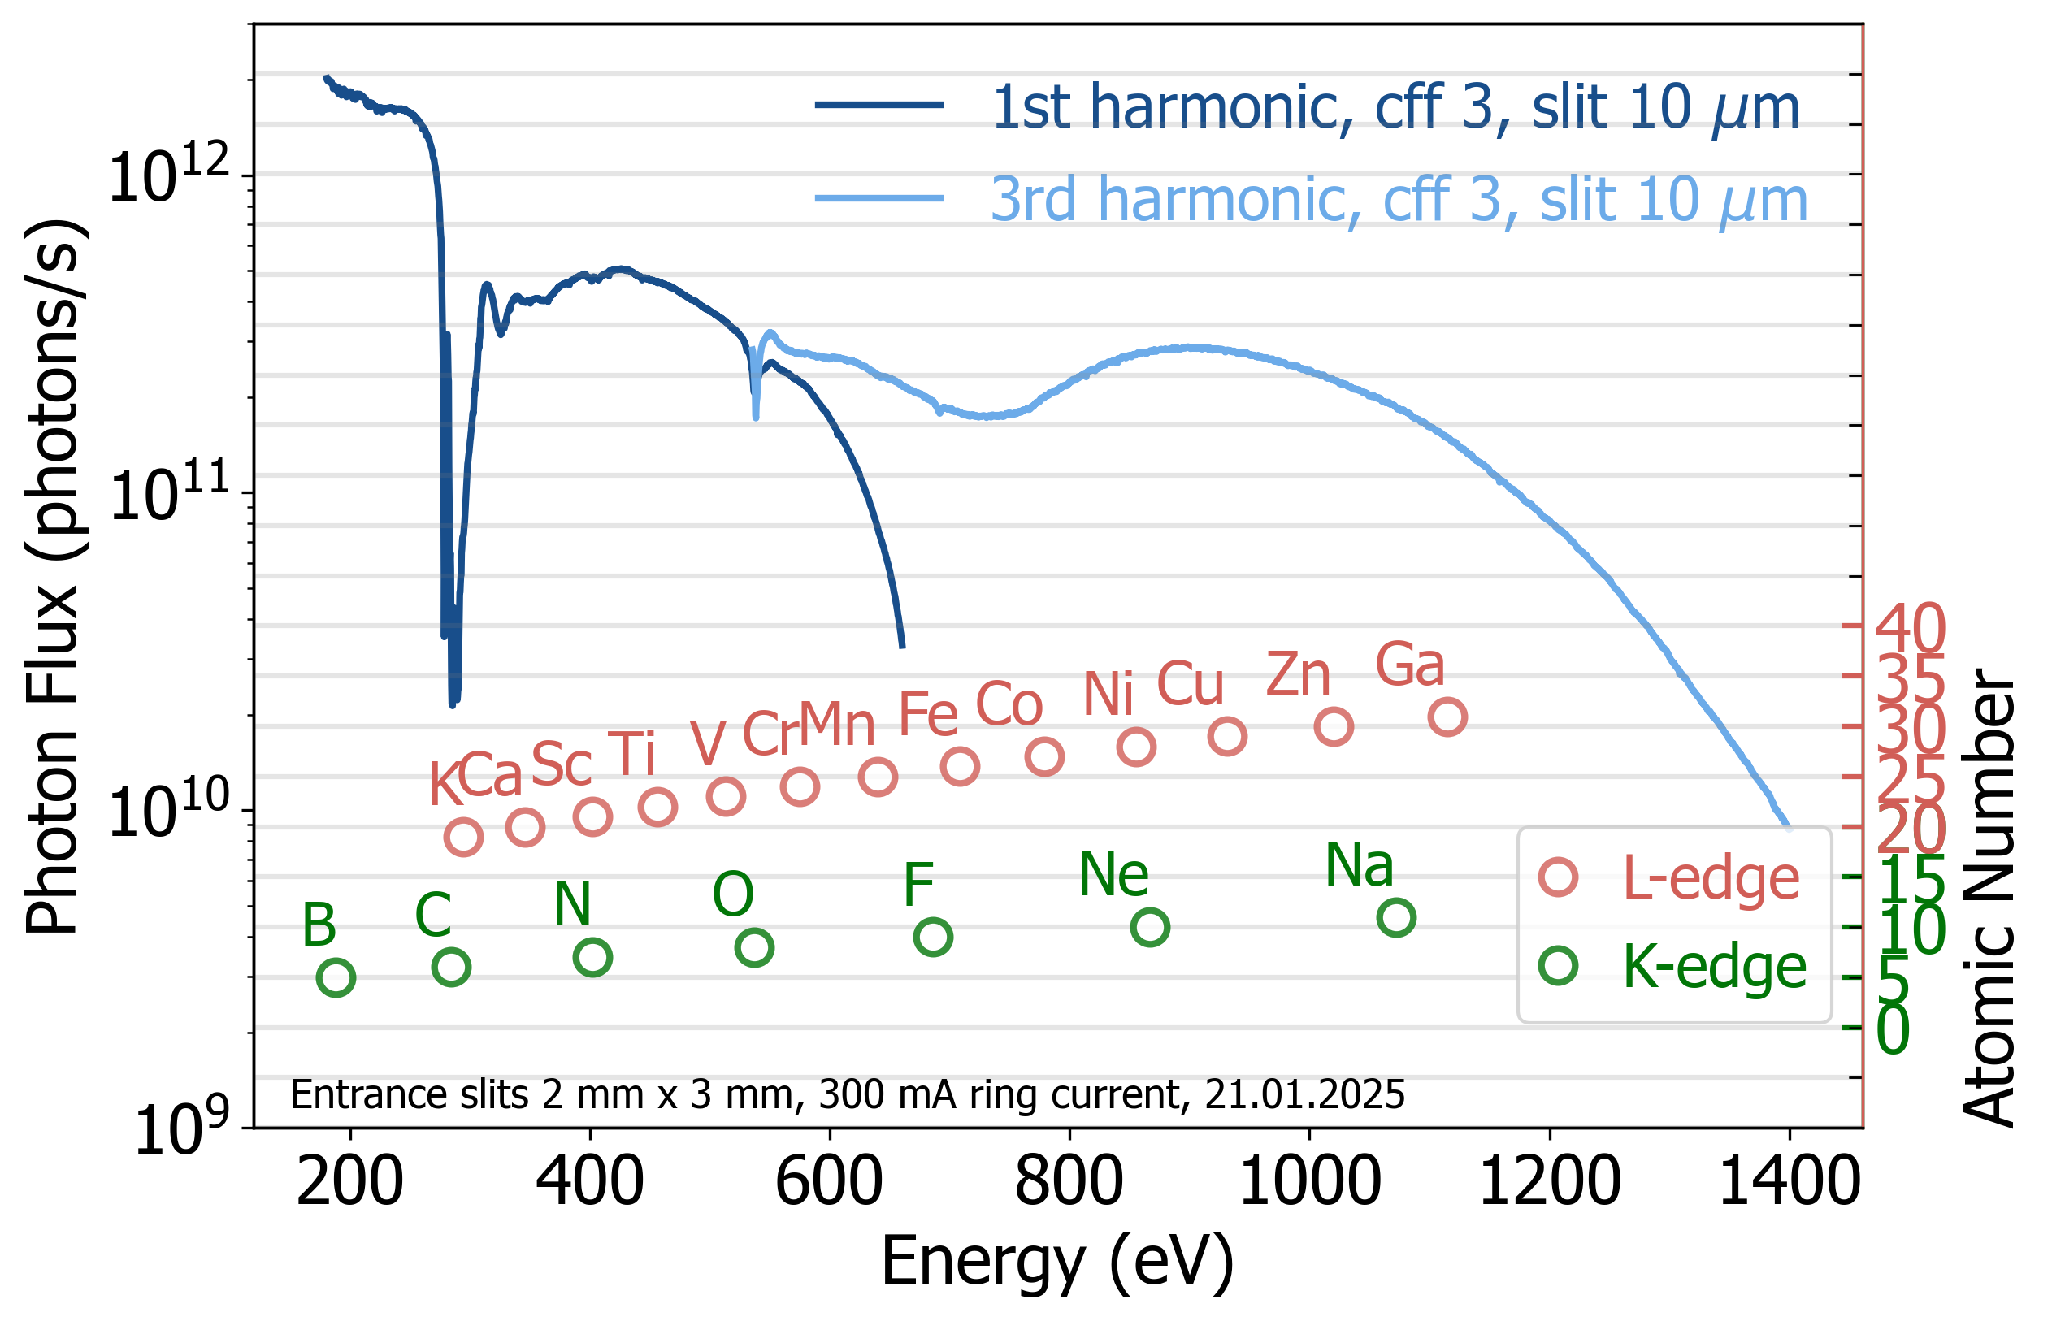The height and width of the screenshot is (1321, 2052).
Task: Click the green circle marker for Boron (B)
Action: (x=336, y=977)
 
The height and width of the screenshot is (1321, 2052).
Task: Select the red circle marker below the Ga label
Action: (x=1447, y=717)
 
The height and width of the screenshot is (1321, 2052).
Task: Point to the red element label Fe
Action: (x=927, y=715)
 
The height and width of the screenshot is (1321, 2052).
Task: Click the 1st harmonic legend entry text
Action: (x=1395, y=107)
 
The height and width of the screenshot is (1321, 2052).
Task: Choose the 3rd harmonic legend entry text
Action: (x=1399, y=200)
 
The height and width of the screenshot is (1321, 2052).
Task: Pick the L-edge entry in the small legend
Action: (x=1710, y=878)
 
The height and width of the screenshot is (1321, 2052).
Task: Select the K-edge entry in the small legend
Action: (x=1714, y=967)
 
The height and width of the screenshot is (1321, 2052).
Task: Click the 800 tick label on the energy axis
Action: (x=1069, y=1182)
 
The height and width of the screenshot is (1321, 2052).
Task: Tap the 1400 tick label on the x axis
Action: (x=1790, y=1182)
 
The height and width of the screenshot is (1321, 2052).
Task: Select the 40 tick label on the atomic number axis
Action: (x=1911, y=629)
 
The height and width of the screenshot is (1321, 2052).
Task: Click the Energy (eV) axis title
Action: (x=1058, y=1262)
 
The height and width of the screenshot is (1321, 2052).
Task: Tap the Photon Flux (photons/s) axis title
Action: (x=53, y=577)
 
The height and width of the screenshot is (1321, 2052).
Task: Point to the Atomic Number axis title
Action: (x=1989, y=895)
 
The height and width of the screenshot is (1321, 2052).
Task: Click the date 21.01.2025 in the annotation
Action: (x=1305, y=1094)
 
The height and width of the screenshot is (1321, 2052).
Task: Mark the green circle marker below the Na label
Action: (x=1395, y=917)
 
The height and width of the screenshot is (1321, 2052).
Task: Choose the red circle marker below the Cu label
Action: (x=1227, y=736)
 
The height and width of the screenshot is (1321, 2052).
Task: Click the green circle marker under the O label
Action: (x=754, y=947)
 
